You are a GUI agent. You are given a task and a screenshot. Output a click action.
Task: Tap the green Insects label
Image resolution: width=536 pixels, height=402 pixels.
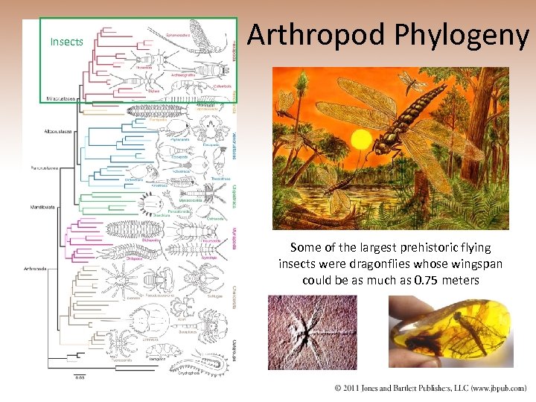(x=66, y=42)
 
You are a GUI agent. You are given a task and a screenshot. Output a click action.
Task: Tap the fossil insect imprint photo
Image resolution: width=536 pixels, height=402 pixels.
(x=312, y=331)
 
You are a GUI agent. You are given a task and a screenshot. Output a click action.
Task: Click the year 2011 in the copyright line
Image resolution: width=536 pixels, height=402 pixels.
(x=354, y=389)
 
